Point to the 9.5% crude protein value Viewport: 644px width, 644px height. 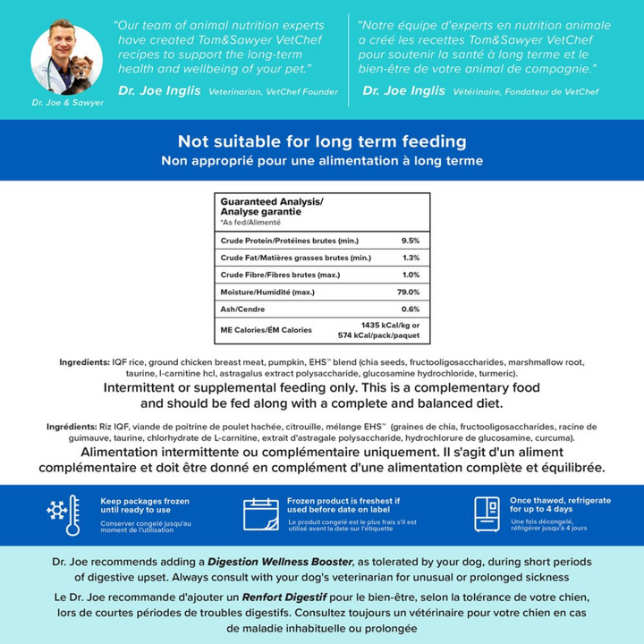click(410, 241)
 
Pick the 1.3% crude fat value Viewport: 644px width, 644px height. click(411, 258)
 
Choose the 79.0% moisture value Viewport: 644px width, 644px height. click(408, 292)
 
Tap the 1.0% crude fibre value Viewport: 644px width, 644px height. click(411, 275)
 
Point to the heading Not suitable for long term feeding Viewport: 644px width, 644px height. click(322, 141)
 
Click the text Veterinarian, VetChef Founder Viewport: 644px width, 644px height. click(273, 91)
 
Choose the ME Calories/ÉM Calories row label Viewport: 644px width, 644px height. click(266, 330)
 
